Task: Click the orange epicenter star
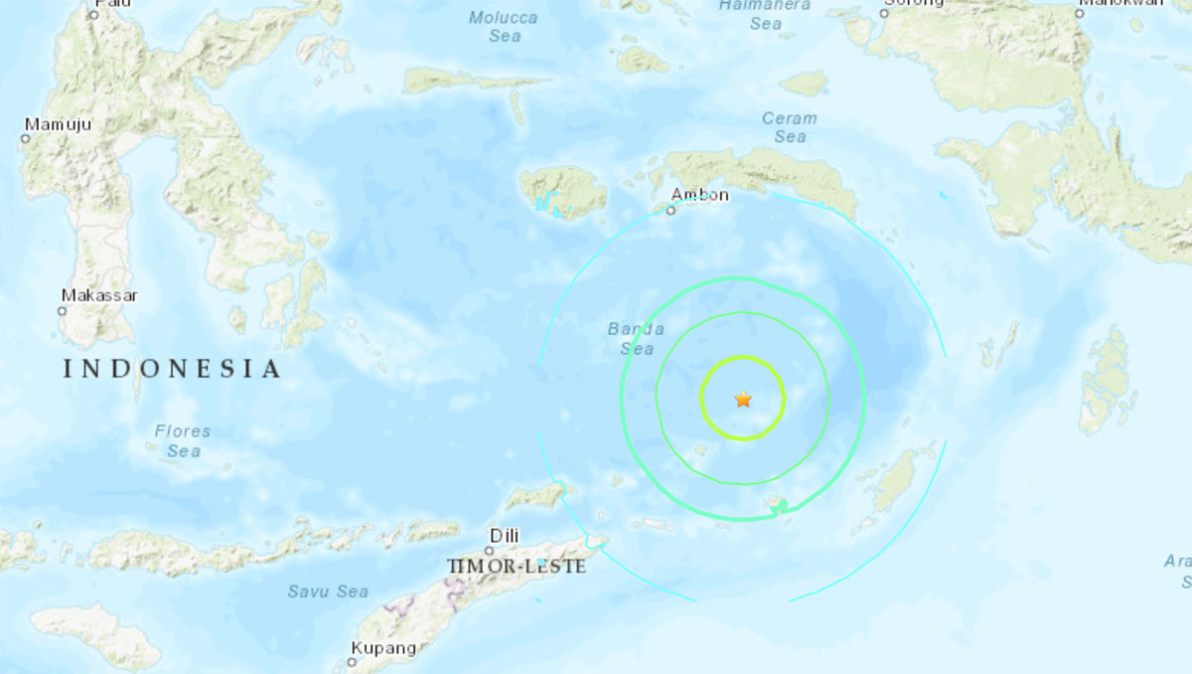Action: [743, 400]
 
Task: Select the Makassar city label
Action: [99, 295]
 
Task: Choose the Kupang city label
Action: [383, 648]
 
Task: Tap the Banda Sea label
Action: [636, 339]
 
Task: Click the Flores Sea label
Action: [183, 441]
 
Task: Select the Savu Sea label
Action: [328, 591]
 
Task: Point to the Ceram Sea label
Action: [790, 127]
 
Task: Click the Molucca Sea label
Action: [504, 27]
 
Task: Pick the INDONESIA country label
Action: [172, 370]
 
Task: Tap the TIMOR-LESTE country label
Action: [517, 566]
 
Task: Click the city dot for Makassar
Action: [62, 311]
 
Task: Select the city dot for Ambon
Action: [671, 211]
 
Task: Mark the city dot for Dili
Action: [490, 550]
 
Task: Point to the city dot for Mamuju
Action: [26, 139]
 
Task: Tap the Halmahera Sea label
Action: [765, 15]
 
